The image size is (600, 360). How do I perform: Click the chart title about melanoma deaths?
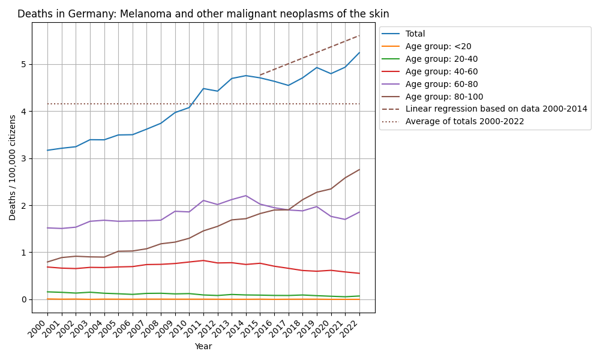tap(203, 14)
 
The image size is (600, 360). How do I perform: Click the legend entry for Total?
tap(415, 34)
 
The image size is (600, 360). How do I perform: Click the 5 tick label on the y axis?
tap(24, 65)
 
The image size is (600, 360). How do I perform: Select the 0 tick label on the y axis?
tap(24, 300)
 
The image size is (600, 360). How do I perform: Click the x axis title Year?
tap(203, 347)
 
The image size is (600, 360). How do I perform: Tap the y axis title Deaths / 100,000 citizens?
tap(13, 167)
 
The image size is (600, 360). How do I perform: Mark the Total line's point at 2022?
tap(359, 53)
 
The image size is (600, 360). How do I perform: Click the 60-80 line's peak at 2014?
tap(246, 196)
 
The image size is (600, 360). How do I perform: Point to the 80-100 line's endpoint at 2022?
tap(359, 169)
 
